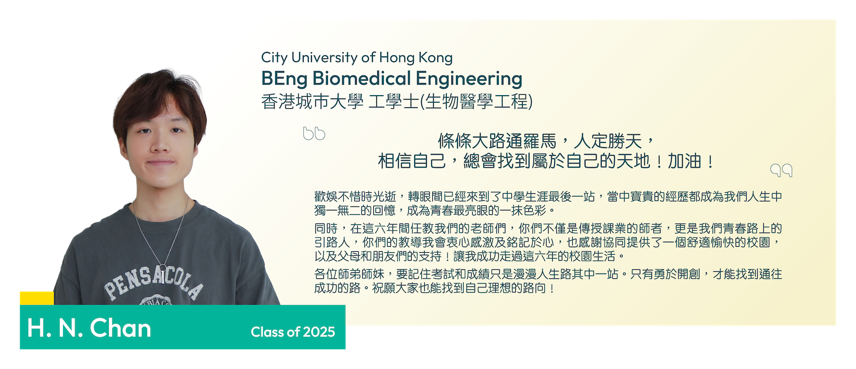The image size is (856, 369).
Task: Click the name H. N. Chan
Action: [x=89, y=328]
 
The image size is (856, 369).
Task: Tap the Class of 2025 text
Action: [x=293, y=332]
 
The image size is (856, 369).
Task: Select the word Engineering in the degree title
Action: [x=469, y=79]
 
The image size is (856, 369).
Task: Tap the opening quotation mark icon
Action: [x=314, y=133]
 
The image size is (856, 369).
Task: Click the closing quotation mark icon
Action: [x=781, y=170]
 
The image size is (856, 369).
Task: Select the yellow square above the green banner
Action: [x=37, y=298]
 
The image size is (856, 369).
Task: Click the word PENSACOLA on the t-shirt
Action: [x=154, y=283]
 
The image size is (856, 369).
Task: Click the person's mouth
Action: [x=161, y=162]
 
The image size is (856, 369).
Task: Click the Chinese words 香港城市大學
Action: [x=312, y=102]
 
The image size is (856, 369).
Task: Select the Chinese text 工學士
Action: [x=393, y=102]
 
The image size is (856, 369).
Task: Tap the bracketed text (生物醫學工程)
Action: [x=476, y=102]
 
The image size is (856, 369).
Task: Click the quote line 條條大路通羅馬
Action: [x=497, y=141]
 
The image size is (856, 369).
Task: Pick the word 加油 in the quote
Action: [x=684, y=161]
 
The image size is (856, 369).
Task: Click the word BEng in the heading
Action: [x=284, y=79]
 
